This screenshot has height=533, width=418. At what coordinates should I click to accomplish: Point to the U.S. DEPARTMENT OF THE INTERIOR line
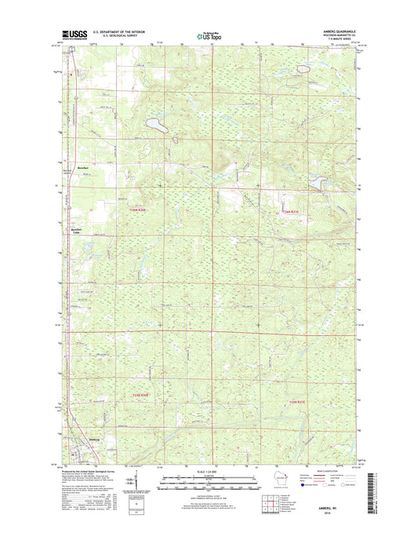119,32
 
